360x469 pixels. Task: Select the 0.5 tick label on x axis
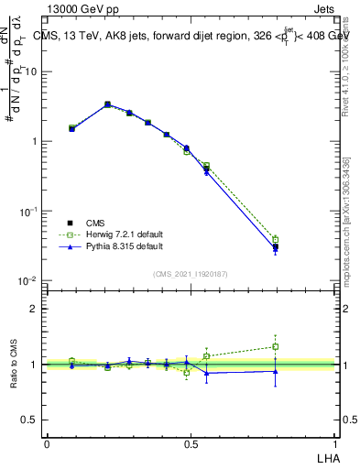tap(191, 442)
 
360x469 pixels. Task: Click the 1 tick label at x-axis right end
tap(335, 442)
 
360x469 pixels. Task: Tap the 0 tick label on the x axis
tap(47, 442)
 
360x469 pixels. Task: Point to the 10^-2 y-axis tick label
tap(29, 281)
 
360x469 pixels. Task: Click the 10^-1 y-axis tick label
tap(29, 212)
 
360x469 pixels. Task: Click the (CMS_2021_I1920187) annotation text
tap(191, 274)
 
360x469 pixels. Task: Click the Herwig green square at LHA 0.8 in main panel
tap(275, 240)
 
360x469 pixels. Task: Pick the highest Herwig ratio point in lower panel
tap(275, 346)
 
